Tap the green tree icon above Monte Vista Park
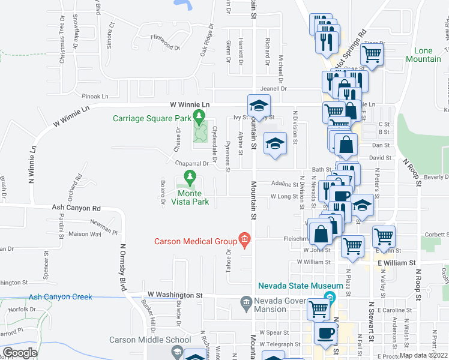(190, 178)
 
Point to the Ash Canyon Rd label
(76, 208)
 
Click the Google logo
(20, 352)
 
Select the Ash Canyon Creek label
(60, 296)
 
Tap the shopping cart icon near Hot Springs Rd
(372, 55)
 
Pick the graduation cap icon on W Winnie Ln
(259, 106)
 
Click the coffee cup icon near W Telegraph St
(325, 333)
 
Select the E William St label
(396, 263)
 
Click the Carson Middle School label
(150, 340)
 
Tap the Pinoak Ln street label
(95, 96)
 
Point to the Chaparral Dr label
(191, 163)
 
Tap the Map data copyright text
(424, 355)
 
